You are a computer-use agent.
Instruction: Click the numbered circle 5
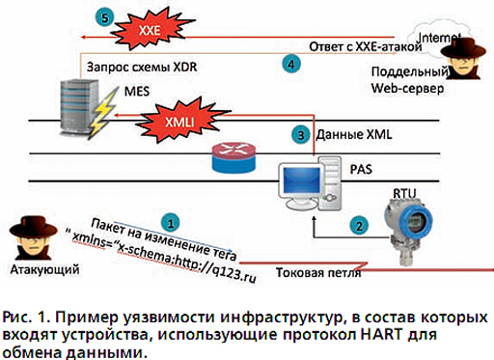coord(104,17)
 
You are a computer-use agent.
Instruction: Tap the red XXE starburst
coord(151,30)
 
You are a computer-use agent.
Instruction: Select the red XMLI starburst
coord(180,121)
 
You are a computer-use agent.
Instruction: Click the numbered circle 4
coord(291,64)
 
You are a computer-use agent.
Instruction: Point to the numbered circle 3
coord(301,135)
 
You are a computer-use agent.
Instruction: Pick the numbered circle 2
coord(359,226)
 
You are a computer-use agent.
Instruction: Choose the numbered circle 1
coord(171,223)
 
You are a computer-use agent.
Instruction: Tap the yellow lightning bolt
coord(102,111)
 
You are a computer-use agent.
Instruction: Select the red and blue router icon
coord(234,156)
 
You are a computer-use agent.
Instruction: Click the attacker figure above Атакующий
coord(33,238)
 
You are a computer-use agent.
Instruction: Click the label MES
coord(137,91)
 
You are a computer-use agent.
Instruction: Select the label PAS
coord(361,169)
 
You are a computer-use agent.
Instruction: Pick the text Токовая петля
coord(318,272)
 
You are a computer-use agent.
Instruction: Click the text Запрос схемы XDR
coord(142,67)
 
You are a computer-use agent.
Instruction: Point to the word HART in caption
coord(381,334)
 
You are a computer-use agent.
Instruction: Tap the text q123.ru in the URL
coord(234,274)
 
